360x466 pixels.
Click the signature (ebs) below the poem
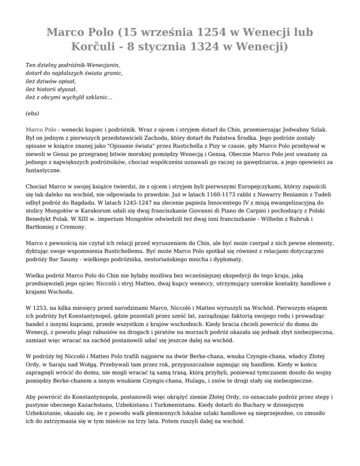click(x=32, y=113)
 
